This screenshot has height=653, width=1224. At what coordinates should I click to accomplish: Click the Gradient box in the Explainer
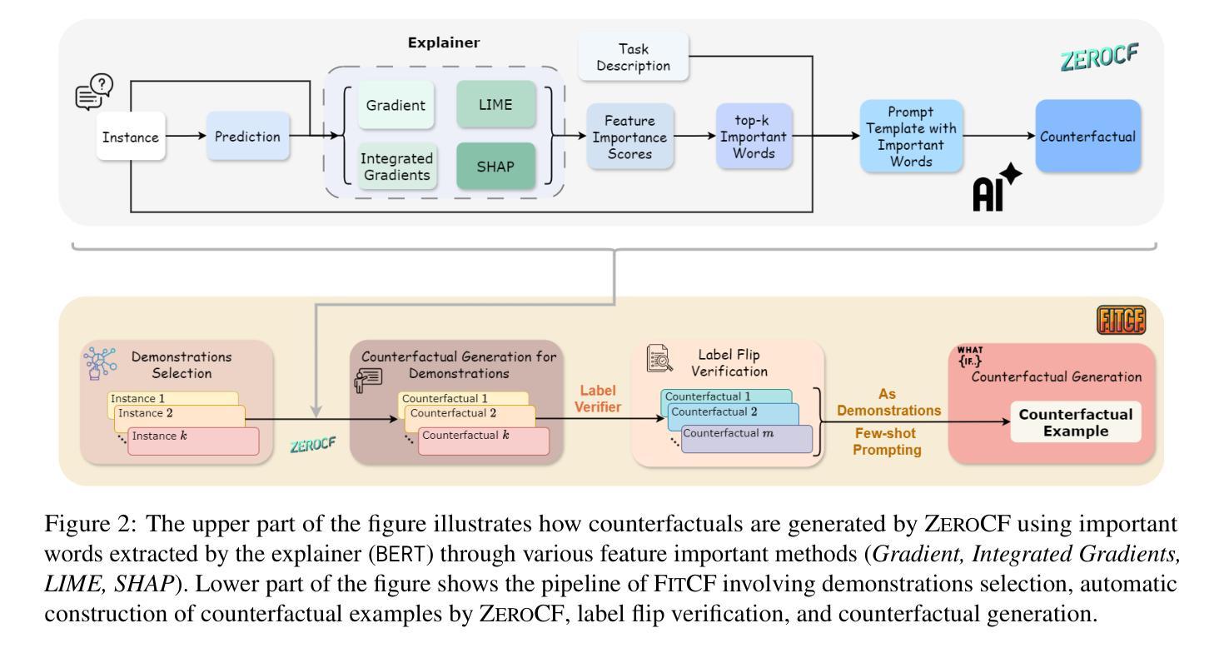click(396, 104)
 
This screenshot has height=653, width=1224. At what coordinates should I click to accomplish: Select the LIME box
click(495, 104)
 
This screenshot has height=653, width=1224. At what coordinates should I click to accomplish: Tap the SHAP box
click(495, 166)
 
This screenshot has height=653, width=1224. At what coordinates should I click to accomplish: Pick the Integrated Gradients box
click(397, 166)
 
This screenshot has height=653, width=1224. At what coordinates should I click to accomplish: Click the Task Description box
click(634, 57)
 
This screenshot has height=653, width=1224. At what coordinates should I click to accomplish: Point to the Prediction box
click(247, 136)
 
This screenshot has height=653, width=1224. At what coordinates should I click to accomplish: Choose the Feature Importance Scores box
click(629, 137)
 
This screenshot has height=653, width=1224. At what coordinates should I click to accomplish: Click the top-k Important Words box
click(754, 136)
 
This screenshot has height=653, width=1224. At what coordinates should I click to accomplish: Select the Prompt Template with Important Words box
click(911, 136)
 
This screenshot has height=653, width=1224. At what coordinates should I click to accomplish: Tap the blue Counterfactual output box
click(1088, 136)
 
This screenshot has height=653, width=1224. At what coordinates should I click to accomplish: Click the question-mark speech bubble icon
click(94, 92)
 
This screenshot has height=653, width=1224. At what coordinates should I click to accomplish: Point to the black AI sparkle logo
click(996, 187)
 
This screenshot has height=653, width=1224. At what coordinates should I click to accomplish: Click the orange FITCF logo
click(1122, 320)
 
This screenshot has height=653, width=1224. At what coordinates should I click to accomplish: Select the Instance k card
click(193, 441)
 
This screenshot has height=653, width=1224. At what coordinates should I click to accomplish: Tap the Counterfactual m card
click(746, 438)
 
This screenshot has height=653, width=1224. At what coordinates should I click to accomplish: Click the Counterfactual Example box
click(1076, 421)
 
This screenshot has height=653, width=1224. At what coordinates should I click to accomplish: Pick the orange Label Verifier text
click(598, 398)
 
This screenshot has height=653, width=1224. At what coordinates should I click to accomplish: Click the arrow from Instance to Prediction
click(186, 136)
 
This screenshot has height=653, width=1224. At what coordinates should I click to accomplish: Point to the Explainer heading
click(444, 42)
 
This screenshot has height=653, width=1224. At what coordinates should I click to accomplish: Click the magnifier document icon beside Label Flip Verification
click(659, 358)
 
